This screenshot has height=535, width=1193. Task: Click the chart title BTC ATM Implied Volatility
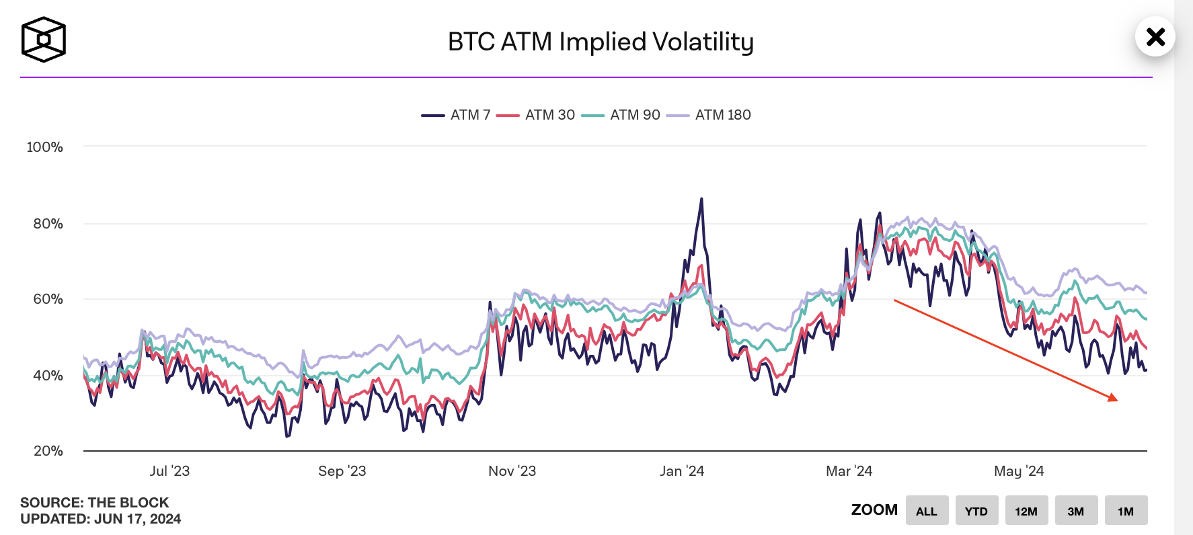(x=601, y=42)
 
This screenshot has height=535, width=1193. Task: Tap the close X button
(x=1155, y=36)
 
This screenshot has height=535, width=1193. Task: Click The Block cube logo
(x=44, y=40)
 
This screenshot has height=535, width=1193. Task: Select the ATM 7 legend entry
(x=457, y=115)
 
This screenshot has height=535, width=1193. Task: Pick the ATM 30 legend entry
(x=536, y=115)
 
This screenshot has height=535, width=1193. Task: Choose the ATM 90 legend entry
(x=621, y=115)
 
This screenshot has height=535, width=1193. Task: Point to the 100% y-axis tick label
(x=44, y=147)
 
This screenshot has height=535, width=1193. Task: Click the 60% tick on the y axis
(x=48, y=299)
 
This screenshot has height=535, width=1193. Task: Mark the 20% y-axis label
(x=48, y=451)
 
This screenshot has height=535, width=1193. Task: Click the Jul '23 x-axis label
(x=169, y=471)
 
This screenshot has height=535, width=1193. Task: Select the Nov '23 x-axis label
(x=512, y=471)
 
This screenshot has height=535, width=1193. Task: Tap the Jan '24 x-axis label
(x=682, y=471)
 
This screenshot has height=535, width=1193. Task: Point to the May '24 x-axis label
(x=1019, y=471)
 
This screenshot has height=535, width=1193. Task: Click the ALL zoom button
(x=927, y=511)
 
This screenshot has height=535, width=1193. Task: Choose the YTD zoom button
(x=976, y=511)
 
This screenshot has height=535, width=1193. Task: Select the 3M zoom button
(x=1076, y=511)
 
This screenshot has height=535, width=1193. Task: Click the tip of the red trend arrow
(x=1117, y=401)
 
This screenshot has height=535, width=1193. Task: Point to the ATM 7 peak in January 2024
(x=701, y=199)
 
